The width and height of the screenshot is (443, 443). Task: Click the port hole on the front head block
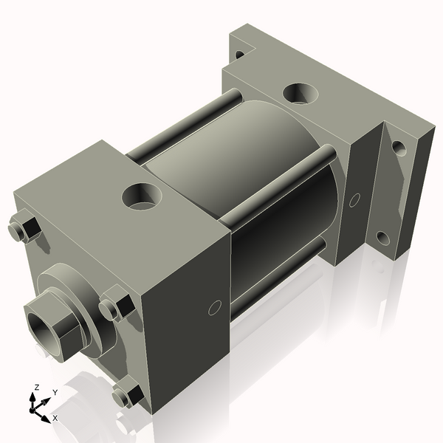point(142,196)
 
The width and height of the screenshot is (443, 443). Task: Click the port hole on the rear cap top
point(301,93)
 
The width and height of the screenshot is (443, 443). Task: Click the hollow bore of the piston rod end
point(40,322)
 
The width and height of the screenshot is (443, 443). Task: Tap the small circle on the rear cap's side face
point(354,199)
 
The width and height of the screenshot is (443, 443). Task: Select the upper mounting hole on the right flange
point(399,148)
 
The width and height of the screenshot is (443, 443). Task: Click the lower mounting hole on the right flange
point(382,238)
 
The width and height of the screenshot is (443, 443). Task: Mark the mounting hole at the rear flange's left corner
point(239,54)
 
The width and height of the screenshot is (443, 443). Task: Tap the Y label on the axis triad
point(55,392)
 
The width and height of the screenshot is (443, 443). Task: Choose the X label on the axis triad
point(55,418)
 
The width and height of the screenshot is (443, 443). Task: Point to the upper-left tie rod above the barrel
point(185,126)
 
